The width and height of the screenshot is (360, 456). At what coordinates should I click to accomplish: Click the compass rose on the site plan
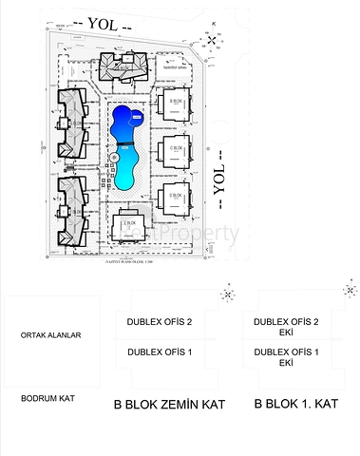[208, 39]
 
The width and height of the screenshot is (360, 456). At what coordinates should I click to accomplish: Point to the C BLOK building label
[177, 148]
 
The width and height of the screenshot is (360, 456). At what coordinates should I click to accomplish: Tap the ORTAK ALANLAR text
[51, 335]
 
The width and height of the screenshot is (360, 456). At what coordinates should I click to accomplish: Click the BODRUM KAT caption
[47, 398]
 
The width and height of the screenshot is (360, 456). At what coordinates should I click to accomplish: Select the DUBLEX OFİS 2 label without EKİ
[159, 322]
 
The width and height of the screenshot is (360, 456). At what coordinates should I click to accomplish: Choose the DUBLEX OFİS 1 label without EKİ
[159, 352]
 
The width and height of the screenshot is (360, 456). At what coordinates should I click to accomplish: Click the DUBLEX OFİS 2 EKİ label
[285, 327]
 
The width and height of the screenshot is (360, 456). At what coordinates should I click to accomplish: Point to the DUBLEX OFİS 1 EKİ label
[285, 357]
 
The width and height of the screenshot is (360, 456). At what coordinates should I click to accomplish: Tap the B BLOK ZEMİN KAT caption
[169, 404]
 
